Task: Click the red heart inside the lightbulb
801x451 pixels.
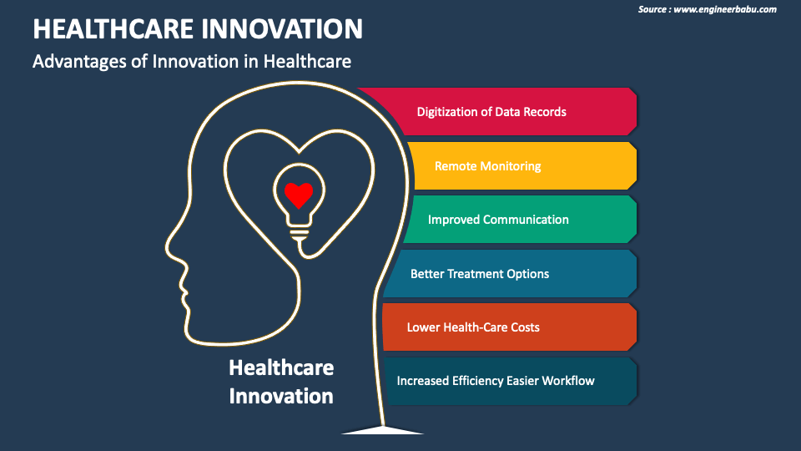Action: point(298,195)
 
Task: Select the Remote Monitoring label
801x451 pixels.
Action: point(487,166)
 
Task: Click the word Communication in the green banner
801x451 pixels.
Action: point(529,220)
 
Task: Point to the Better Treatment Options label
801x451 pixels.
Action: point(479,274)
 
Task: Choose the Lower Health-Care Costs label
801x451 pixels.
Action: point(472,327)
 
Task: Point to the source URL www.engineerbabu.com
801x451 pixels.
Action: point(724,9)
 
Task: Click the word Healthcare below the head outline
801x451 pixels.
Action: point(281,368)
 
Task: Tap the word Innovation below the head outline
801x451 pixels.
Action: point(281,395)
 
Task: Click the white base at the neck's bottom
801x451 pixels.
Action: point(382,429)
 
